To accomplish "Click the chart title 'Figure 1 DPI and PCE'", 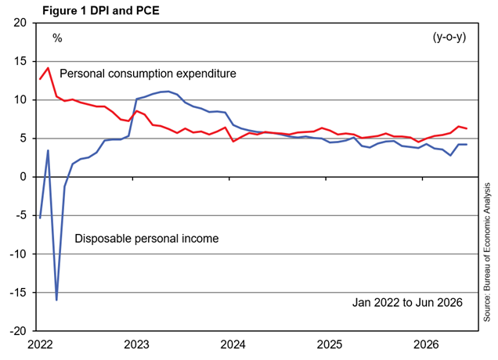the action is [101, 10].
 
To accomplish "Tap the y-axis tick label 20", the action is [20, 23].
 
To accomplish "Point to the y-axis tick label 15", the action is [20, 61].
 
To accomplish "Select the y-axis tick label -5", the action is [21, 215].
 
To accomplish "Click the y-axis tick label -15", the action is [18, 293].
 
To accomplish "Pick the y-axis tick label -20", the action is [18, 331].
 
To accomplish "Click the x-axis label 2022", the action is [40, 344].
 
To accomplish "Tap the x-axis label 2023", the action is [136, 344].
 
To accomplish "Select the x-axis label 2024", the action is [233, 344].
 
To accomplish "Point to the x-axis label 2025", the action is [330, 344].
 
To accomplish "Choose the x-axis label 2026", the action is [426, 344].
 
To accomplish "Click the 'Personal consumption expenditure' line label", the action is [148, 74].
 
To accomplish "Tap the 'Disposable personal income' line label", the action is [146, 239].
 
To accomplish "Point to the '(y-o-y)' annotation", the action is [449, 38].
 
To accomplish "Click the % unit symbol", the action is [57, 38].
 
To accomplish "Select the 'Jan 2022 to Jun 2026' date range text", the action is [407, 303].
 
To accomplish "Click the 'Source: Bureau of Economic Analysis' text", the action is [487, 252].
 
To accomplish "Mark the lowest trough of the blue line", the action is [56, 300].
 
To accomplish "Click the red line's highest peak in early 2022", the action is [48, 67].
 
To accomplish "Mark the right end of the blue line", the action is [467, 145].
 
